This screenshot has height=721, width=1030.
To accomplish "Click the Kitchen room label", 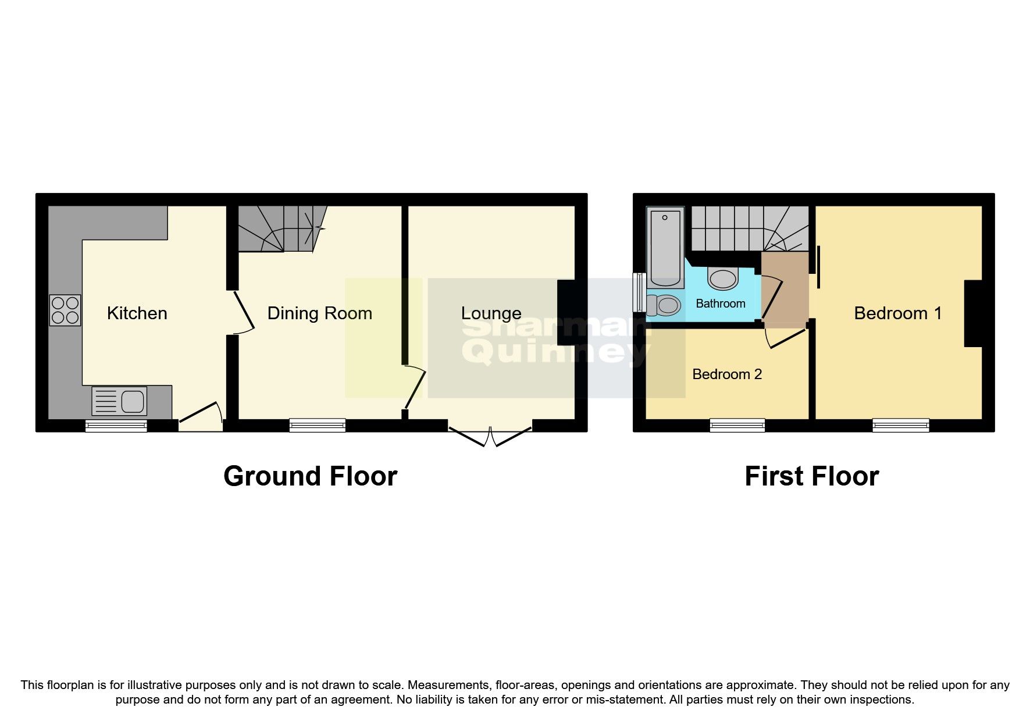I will click(137, 313).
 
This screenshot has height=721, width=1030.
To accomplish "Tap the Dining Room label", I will click(319, 313).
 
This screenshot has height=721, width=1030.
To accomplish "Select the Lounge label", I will click(491, 313).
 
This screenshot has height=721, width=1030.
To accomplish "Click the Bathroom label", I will click(720, 304).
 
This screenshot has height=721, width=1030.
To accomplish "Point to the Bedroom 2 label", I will click(727, 374).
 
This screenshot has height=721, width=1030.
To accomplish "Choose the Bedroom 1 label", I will click(897, 313).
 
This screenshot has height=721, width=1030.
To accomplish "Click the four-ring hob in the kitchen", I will click(65, 310).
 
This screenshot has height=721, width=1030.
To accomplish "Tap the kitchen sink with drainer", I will click(120, 401).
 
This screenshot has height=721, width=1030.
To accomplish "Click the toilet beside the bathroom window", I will click(664, 305).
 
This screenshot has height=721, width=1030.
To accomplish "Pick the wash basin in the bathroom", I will click(723, 278).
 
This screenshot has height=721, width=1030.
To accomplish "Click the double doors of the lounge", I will click(490, 437).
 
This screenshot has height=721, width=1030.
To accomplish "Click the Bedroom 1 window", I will click(900, 426).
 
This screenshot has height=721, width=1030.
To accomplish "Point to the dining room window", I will click(318, 426).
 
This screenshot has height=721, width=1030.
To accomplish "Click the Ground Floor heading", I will click(310, 476).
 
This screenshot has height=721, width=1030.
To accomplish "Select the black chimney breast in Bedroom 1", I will click(973, 313).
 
